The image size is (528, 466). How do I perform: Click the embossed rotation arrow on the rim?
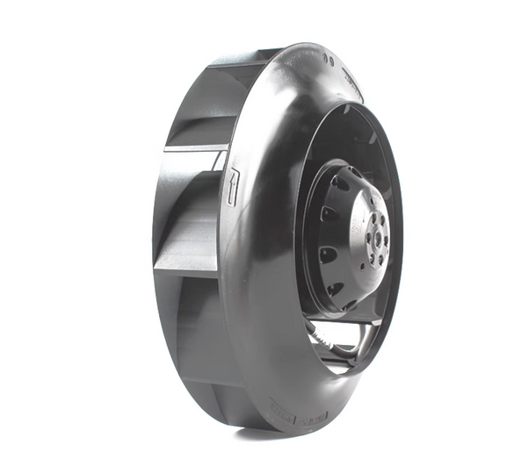coord(231,187)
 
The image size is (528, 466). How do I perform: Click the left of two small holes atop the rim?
coord(326,58)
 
